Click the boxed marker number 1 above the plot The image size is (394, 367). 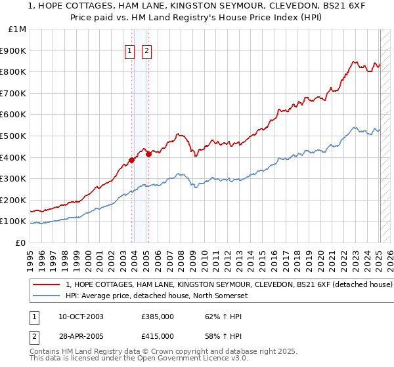(x=129, y=51)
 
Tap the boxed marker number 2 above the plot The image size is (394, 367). (x=146, y=51)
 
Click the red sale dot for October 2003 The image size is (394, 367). (x=132, y=160)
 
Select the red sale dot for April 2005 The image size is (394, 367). (x=149, y=154)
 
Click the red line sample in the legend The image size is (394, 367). (x=47, y=285)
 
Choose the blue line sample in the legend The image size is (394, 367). (x=47, y=296)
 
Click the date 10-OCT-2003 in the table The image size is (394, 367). (x=81, y=317)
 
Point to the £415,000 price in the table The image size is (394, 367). (x=158, y=336)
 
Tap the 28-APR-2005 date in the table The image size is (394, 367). (x=81, y=336)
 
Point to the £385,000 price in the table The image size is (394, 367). (x=158, y=317)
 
